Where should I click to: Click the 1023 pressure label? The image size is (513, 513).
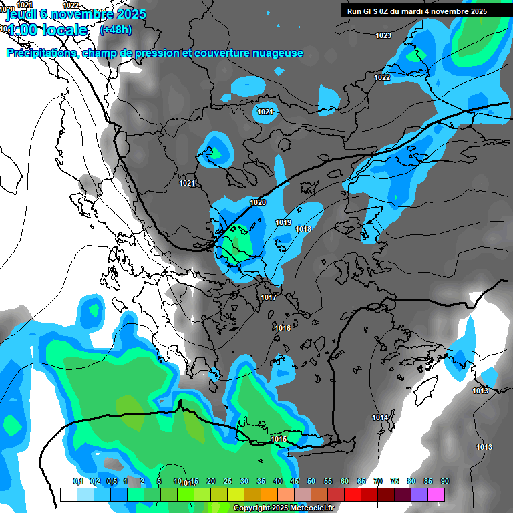[383, 35]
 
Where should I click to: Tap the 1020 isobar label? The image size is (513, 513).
[257, 202]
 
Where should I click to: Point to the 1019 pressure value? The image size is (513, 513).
[283, 222]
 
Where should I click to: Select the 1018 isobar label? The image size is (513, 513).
[303, 229]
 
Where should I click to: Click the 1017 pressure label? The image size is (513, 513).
[269, 297]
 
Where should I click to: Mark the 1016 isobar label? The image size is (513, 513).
[283, 328]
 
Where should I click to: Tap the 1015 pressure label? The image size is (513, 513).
[279, 439]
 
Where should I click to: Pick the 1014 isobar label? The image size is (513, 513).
[380, 417]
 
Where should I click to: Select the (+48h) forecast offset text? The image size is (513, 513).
[116, 29]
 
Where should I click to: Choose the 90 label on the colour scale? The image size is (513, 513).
[445, 481]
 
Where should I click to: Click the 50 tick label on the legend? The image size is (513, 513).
[311, 481]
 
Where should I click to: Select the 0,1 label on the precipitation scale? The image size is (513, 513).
[77, 481]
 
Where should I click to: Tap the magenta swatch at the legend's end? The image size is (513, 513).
[436, 494]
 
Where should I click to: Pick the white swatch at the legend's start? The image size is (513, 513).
[68, 494]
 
